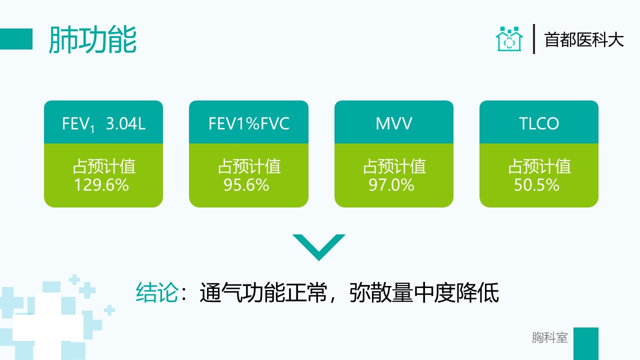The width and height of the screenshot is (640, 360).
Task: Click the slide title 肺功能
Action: click(92, 39)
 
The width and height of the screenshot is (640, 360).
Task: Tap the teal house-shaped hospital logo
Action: click(509, 39)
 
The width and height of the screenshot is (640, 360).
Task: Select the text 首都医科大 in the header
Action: click(583, 39)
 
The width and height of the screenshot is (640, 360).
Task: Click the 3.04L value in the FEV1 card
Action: click(125, 123)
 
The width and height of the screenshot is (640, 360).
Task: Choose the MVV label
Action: click(393, 123)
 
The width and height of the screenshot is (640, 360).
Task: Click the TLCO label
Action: click(539, 123)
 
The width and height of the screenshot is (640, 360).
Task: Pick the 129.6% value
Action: click(101, 185)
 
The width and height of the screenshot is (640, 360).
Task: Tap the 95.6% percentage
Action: click(246, 185)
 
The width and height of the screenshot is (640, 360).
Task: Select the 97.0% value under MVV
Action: click(391, 185)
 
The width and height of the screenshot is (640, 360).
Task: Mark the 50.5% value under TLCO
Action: click(536, 185)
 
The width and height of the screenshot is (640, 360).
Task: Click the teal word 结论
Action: click(157, 292)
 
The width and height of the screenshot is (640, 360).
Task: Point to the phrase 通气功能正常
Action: click(263, 292)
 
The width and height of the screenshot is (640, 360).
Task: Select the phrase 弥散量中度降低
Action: click(424, 292)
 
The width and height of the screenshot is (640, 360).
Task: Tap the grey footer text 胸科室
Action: click(549, 337)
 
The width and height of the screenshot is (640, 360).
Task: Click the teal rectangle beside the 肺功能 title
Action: click(16, 39)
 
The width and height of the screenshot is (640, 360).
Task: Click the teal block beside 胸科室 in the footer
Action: click(586, 343)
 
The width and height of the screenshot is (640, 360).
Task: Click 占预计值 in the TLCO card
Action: click(539, 166)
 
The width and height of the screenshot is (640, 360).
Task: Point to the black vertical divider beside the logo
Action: click(533, 39)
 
